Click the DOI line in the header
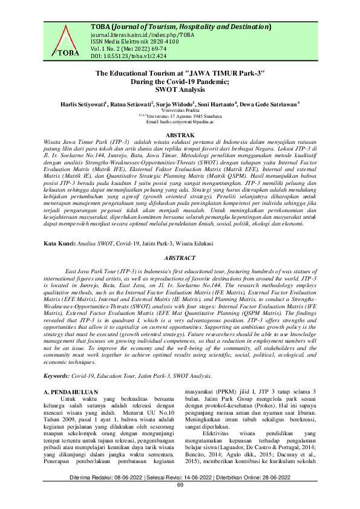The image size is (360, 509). (x=120, y=56)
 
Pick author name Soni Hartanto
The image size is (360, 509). (x=217, y=104)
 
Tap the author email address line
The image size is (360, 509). (x=180, y=121)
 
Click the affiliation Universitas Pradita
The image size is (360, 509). (x=180, y=110)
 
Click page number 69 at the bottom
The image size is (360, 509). (x=180, y=502)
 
